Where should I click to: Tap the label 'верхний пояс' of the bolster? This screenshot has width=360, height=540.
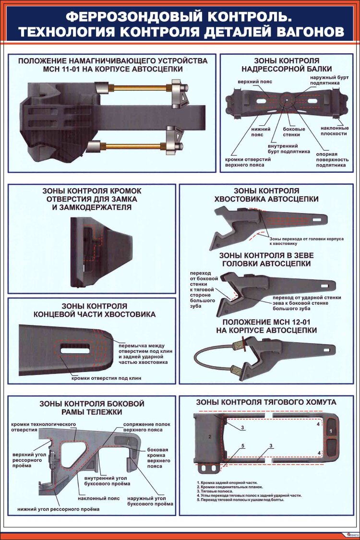tap(255, 82)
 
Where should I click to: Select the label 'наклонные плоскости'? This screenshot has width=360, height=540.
tap(335, 131)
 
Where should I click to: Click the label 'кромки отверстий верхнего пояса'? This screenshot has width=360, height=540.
tap(244, 162)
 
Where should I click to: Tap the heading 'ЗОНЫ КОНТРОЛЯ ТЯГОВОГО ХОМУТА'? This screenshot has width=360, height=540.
tap(266, 402)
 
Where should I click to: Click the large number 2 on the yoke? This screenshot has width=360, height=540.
tap(210, 436)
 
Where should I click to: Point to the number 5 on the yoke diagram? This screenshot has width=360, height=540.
tap(243, 446)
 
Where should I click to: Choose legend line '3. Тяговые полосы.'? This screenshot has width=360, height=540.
tap(215, 491)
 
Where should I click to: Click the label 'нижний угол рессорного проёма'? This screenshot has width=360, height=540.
tap(58, 509)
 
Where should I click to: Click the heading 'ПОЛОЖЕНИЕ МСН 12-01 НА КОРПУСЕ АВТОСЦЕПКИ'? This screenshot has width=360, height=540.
tap(266, 326)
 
